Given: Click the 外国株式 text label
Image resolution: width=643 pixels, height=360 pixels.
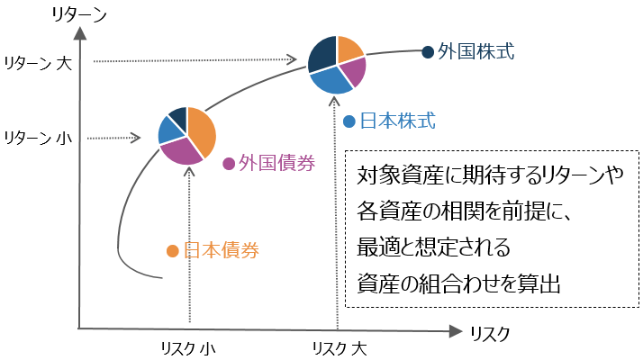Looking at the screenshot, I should tap(475, 51).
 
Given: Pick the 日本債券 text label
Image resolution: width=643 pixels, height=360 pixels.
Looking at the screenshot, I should tap(221, 250).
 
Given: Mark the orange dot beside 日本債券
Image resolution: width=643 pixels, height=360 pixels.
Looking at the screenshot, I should tap(172, 251).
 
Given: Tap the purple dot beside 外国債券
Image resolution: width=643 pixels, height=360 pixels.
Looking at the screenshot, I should tap(229, 164).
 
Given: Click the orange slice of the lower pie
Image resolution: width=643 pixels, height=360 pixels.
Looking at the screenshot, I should tap(202, 128).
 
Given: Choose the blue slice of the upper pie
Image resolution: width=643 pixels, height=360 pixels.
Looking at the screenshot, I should tap(329, 80).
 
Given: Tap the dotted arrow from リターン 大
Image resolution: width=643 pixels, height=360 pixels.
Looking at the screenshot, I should tap(194, 61).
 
